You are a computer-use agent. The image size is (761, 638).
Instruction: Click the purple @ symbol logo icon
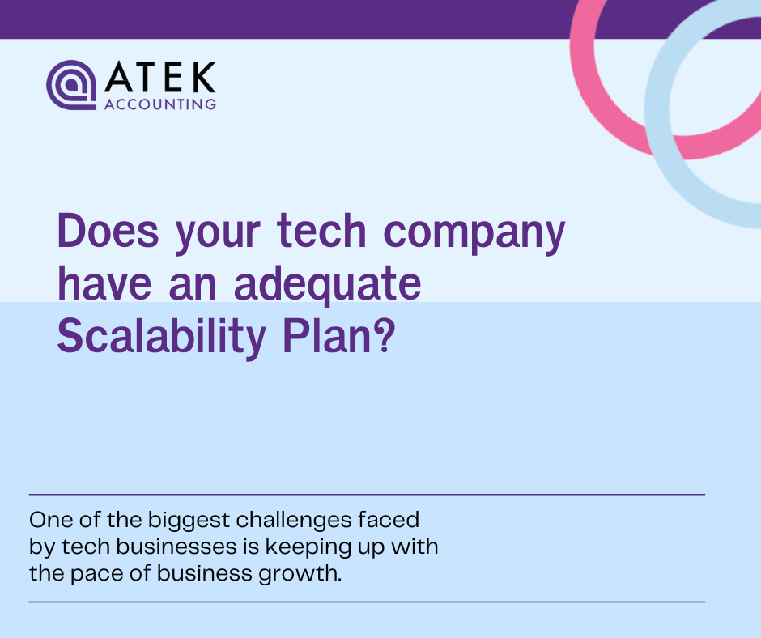72,85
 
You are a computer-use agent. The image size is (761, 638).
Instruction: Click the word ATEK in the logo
160,79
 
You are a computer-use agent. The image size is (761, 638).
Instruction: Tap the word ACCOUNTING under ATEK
160,104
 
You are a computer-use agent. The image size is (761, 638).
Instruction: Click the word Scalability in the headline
160,338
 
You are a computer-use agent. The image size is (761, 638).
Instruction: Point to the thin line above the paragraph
367,494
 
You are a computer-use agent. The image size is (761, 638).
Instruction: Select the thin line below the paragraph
367,602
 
